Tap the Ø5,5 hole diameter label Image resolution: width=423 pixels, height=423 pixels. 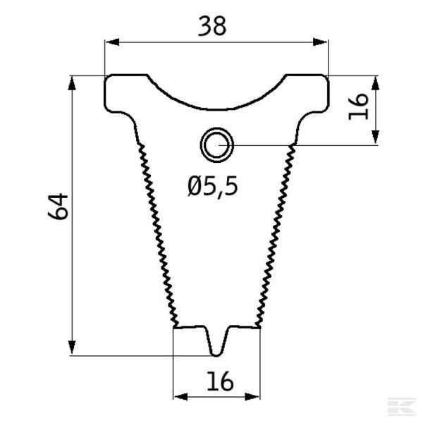tap(213, 186)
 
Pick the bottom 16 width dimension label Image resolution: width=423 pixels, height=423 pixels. tap(219, 382)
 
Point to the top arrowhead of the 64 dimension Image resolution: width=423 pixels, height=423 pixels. tap(73, 81)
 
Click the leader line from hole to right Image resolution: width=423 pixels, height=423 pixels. tap(296, 145)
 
